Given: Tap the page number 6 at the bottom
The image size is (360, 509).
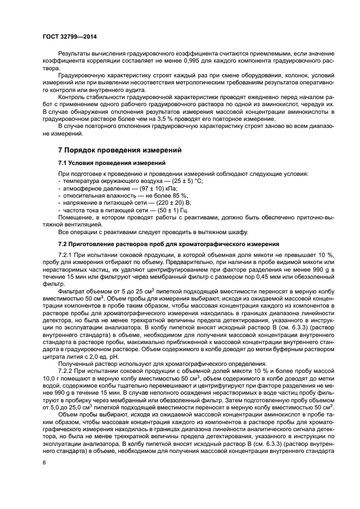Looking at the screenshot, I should coord(44,462).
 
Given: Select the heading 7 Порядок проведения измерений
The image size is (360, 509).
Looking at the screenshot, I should coord(120,150).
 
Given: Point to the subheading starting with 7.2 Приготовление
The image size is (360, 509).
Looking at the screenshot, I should coord(152,242).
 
